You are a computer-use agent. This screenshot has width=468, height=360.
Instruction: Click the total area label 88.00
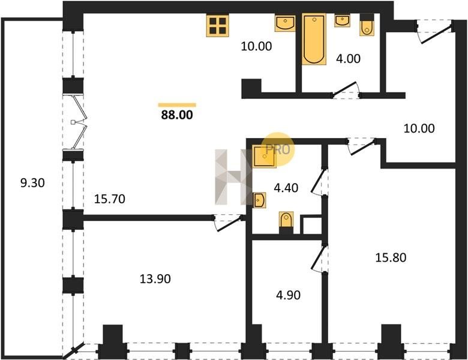pos(177,115)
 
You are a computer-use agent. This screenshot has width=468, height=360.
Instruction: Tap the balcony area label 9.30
pos(32,182)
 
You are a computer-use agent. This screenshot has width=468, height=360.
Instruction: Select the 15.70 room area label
pos(110,199)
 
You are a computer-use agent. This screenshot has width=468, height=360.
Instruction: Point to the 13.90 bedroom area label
pos(155,279)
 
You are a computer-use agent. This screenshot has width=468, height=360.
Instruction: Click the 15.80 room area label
pos(391,257)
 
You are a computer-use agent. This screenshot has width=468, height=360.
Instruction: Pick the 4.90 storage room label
pos(289,295)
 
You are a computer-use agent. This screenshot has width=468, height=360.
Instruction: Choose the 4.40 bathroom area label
pos(286,188)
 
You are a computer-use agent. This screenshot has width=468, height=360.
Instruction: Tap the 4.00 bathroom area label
pos(349,59)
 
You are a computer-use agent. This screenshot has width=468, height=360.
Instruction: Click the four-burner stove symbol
pos(218,26)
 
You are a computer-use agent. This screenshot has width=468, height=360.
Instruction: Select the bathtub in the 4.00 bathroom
pos(314,39)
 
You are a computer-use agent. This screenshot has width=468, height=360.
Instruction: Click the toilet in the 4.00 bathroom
pos(367,25)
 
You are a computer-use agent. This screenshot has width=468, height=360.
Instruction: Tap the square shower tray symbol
pos(264,157)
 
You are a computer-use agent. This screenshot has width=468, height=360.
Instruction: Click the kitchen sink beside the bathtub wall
pos(286,23)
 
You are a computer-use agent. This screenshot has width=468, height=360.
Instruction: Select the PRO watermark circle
pos(278,149)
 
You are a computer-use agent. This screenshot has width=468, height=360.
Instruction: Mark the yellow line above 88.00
pos(177,105)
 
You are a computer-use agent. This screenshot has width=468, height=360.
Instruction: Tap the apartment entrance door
pos(435,31)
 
